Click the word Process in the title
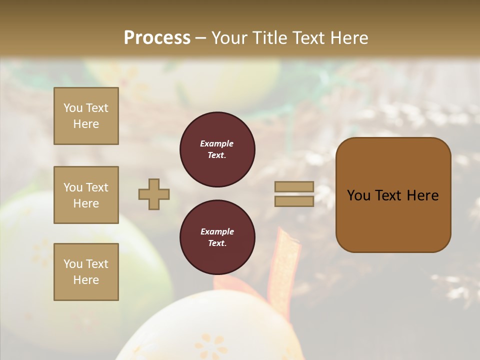(x=157, y=38)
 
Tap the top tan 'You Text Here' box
(x=86, y=116)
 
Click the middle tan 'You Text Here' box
(x=86, y=195)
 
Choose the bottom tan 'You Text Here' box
(x=86, y=272)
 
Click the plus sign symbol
(x=154, y=194)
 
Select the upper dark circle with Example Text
(x=217, y=149)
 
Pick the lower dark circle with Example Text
(x=217, y=237)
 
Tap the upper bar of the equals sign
(x=294, y=186)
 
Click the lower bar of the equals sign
(x=294, y=201)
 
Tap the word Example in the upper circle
(x=217, y=143)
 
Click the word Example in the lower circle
(x=217, y=231)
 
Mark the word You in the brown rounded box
(x=358, y=195)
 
